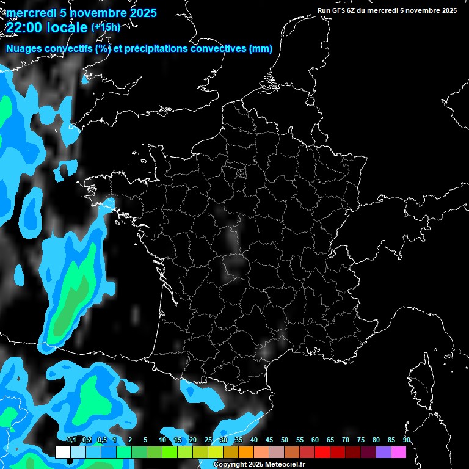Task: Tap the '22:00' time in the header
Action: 24,28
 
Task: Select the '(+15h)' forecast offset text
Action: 106,27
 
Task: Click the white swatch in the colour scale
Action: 63,453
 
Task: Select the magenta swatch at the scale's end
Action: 399,453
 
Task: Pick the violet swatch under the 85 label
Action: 384,453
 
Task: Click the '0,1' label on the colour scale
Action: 71,440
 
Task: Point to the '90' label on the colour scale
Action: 406,440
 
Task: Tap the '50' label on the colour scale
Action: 285,440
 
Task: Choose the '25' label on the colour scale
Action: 208,440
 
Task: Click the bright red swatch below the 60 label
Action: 322,453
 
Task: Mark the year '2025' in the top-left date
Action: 143,13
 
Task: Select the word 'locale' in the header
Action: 67,28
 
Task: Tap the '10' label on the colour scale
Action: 162,440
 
